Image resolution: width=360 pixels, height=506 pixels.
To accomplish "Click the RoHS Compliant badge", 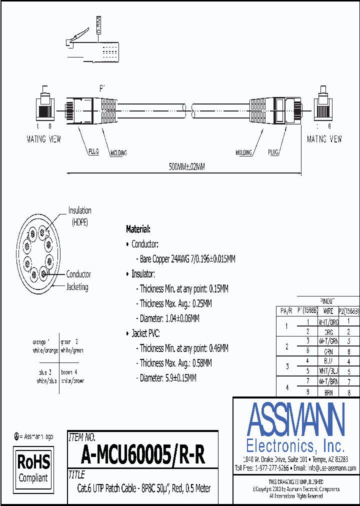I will pyautogui.click(x=34, y=467).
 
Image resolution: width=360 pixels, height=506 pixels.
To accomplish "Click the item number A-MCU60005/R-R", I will pyautogui.click(x=142, y=455).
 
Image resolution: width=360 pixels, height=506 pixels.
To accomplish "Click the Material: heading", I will pyautogui.click(x=138, y=229).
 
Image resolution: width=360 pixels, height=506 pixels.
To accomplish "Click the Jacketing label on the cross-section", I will pyautogui.click(x=77, y=287).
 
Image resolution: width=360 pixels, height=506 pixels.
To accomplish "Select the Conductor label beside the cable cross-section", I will pyautogui.click(x=78, y=274).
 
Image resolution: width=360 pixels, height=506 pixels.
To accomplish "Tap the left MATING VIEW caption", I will pyautogui.click(x=43, y=139).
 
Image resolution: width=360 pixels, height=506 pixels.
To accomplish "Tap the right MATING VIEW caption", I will pyautogui.click(x=324, y=139).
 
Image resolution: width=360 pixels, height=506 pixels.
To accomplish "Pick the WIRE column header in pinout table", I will pyautogui.click(x=328, y=311).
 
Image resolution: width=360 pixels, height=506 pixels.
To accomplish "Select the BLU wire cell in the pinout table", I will pyautogui.click(x=328, y=361).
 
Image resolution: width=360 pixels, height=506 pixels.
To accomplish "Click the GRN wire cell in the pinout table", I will pyautogui.click(x=328, y=351).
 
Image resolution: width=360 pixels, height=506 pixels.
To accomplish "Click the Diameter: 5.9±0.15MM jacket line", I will pyautogui.click(x=168, y=378).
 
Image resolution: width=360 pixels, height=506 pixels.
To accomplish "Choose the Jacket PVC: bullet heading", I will pyautogui.click(x=145, y=333).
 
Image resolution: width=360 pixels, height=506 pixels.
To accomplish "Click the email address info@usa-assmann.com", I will pyautogui.click(x=331, y=468).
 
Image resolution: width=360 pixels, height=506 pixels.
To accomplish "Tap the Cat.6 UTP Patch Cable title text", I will pyautogui.click(x=143, y=488).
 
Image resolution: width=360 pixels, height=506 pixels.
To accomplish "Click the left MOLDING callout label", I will pyautogui.click(x=118, y=153).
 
